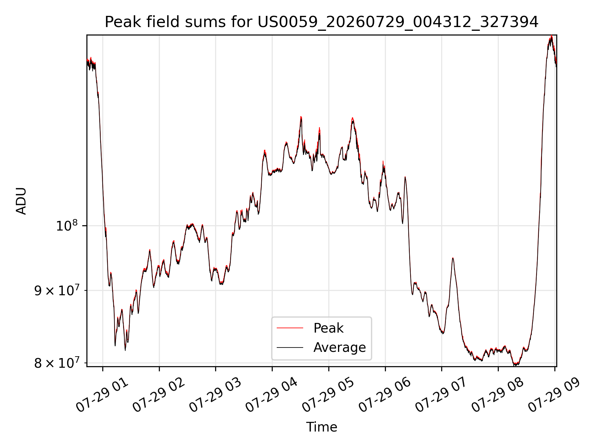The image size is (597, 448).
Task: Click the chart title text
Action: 322,22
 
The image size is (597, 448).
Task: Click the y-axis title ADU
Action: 21,201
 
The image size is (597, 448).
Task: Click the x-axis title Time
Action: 322,427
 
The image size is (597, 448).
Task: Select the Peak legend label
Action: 328,328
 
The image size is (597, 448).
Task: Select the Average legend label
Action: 340,347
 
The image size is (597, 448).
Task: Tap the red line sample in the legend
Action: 290,328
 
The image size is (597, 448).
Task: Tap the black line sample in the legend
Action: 290,347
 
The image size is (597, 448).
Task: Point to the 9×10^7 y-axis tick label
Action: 56,291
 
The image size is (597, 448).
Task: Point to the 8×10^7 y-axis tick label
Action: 56,363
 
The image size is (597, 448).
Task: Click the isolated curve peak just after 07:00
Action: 453,258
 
